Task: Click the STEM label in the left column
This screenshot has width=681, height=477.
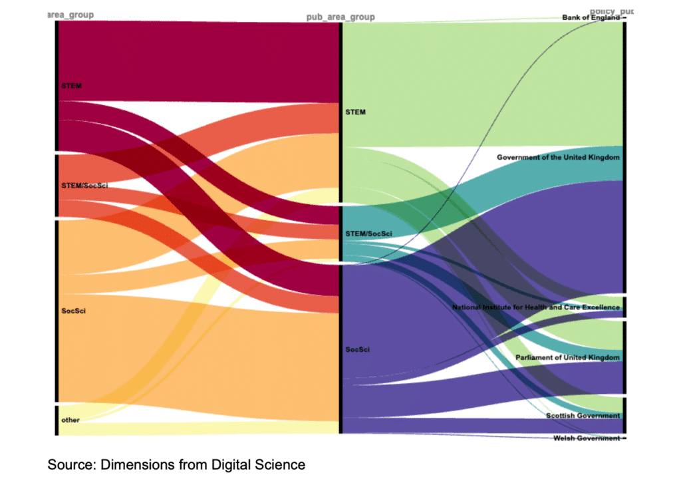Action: (71, 86)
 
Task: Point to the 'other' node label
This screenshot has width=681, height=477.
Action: (70, 420)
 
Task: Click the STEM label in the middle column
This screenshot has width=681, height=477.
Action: (356, 112)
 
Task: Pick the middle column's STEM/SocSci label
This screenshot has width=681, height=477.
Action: (368, 234)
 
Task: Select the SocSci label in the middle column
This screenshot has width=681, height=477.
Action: (358, 349)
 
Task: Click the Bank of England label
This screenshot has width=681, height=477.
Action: (591, 17)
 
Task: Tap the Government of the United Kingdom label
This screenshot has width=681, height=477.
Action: (559, 158)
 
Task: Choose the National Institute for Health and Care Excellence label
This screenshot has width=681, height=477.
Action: (535, 307)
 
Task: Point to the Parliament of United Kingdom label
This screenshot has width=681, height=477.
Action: (567, 358)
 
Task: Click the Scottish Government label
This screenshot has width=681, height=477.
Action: (583, 416)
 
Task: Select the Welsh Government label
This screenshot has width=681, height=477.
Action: (587, 438)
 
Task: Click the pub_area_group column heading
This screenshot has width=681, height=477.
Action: (340, 17)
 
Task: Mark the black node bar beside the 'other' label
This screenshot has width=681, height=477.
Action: (57, 420)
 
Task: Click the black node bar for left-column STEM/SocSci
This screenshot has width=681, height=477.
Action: (57, 186)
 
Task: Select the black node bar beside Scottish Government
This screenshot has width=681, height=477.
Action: (624, 416)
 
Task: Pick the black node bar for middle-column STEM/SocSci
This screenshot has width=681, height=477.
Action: (341, 234)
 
